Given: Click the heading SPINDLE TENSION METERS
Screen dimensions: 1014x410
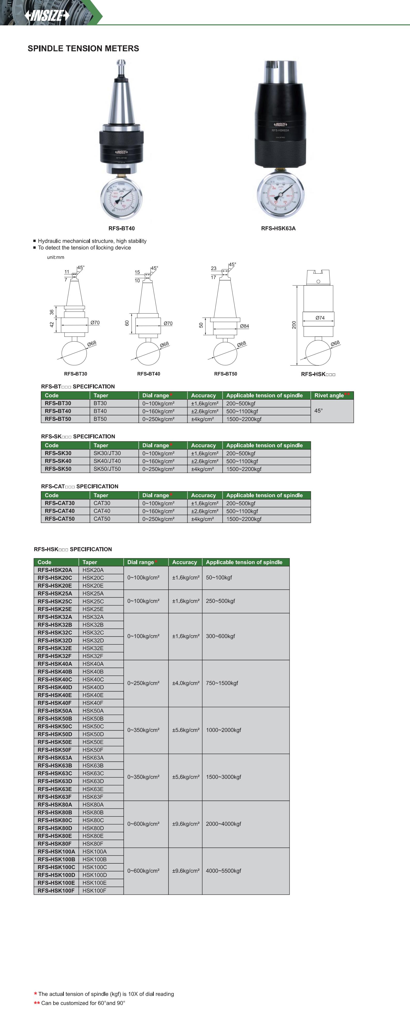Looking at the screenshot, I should pyautogui.click(x=83, y=48).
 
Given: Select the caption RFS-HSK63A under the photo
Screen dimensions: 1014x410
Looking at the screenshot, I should pyautogui.click(x=278, y=228).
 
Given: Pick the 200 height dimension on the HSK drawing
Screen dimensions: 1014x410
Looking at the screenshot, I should pyautogui.click(x=294, y=325).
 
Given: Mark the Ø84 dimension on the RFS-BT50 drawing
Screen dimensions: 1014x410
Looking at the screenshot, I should pyautogui.click(x=244, y=326).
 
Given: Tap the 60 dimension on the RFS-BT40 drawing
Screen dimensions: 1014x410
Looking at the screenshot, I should pyautogui.click(x=127, y=323).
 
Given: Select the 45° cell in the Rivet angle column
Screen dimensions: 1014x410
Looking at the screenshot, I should pyautogui.click(x=318, y=410).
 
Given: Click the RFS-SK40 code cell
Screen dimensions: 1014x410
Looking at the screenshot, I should pyautogui.click(x=58, y=461).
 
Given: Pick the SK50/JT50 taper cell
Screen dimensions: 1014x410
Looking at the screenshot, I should pyautogui.click(x=107, y=469).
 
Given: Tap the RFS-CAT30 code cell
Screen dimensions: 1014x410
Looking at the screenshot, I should pyautogui.click(x=60, y=503).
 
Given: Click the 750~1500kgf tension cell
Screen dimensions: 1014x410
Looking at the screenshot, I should pyautogui.click(x=222, y=683).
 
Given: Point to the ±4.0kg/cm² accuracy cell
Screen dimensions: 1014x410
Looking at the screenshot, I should pyautogui.click(x=185, y=683).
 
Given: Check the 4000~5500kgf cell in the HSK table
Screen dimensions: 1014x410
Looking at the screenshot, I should pyautogui.click(x=223, y=871).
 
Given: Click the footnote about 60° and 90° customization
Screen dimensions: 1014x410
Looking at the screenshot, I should pyautogui.click(x=83, y=1003).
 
